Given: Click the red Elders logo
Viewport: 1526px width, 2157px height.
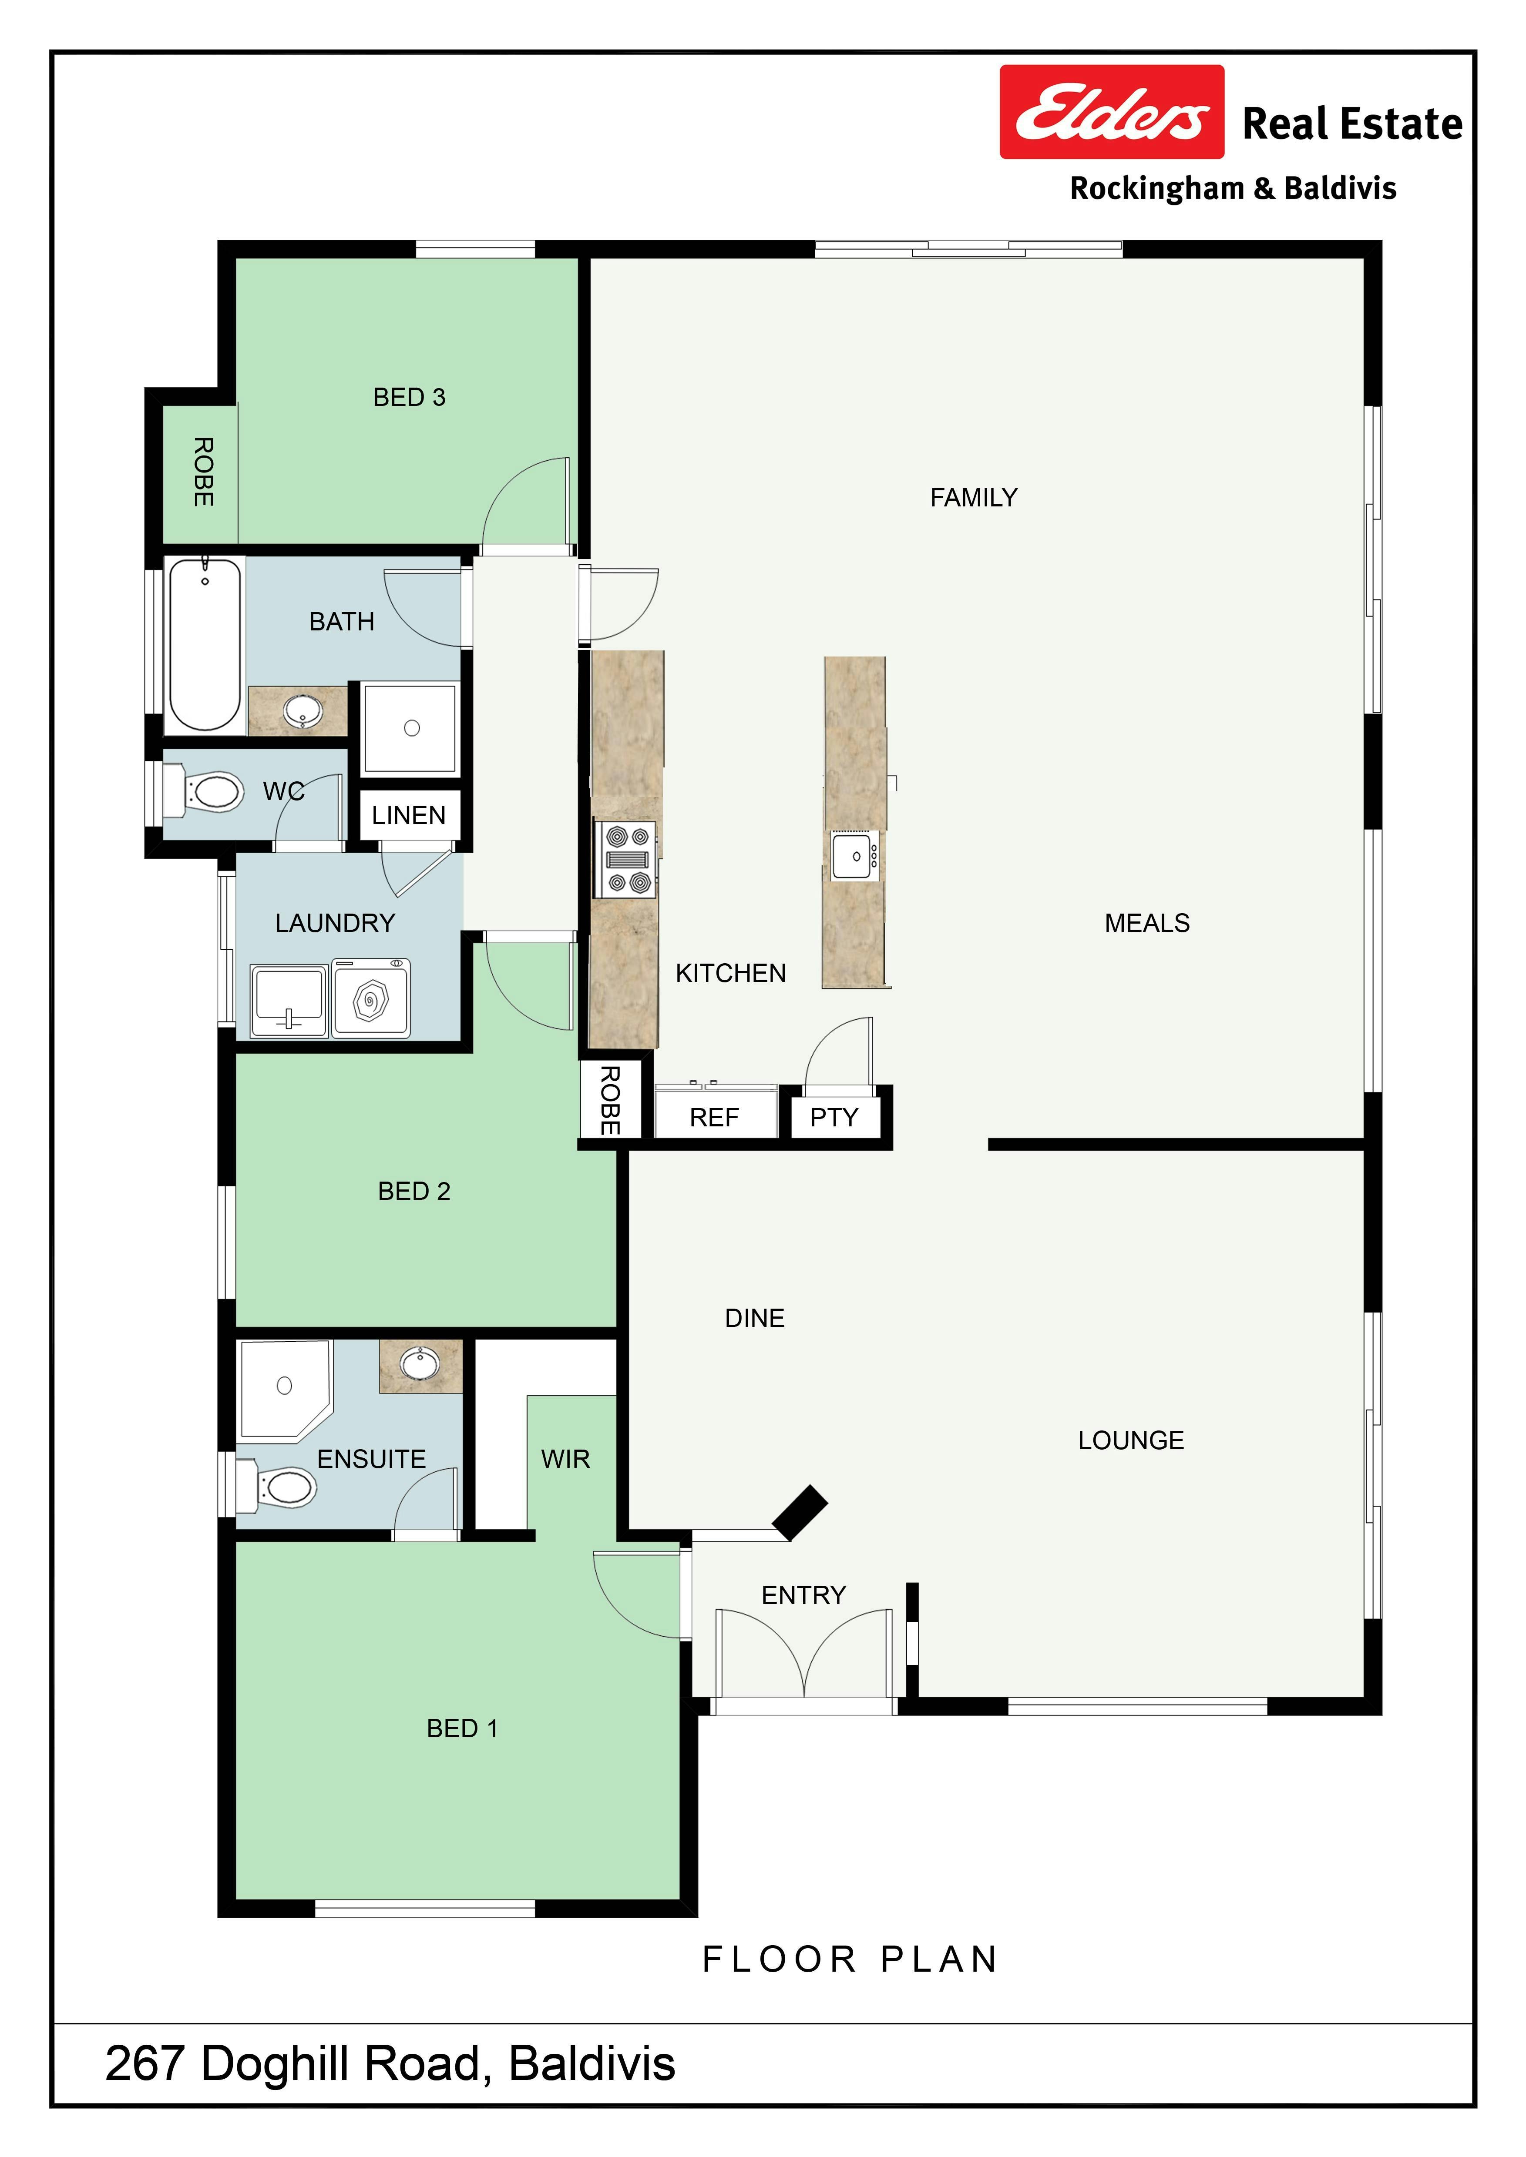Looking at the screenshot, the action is tap(1112, 112).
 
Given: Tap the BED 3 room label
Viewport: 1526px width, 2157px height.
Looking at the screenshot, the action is tap(409, 397).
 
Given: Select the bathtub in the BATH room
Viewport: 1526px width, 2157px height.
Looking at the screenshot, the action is tap(205, 644).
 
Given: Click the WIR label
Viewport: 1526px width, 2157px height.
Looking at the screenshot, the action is tap(566, 1459).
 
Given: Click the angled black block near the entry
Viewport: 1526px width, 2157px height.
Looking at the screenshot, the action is tap(800, 1513).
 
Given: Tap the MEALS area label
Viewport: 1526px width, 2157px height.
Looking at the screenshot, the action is tap(1147, 924).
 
